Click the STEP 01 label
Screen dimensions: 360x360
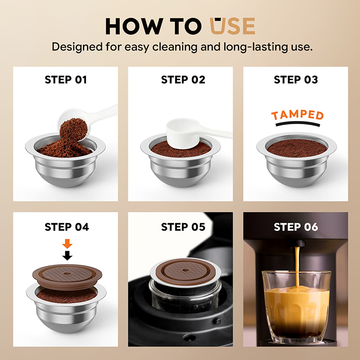[66, 80]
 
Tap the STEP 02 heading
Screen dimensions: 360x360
[183, 80]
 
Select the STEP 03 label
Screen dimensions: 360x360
[296, 80]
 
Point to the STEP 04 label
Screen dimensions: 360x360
[67, 227]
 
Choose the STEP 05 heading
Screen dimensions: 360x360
[183, 227]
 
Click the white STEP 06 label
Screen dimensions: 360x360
[296, 227]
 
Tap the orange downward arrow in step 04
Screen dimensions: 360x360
[67, 243]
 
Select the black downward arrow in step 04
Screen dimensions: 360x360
[67, 256]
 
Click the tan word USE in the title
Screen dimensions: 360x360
[232, 26]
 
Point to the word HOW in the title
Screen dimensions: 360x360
[134, 26]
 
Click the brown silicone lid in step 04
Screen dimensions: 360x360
[67, 276]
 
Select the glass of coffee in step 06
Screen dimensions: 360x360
[297, 306]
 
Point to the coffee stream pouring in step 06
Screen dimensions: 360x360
[297, 266]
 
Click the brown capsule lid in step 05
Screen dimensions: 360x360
[186, 271]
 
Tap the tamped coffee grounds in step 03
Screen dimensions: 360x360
[297, 148]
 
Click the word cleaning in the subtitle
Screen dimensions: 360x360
[175, 47]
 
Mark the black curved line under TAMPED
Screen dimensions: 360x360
[298, 123]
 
